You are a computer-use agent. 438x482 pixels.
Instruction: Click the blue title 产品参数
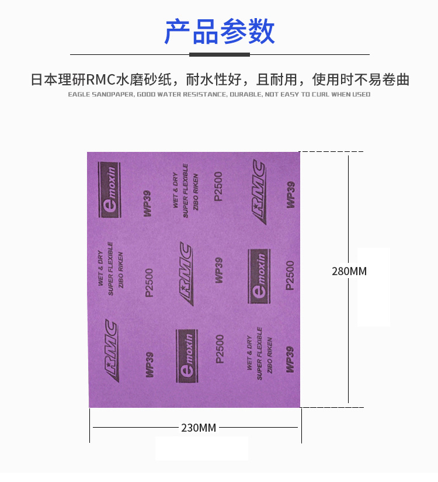(220, 32)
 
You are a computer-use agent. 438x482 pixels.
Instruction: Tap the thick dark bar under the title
(220, 55)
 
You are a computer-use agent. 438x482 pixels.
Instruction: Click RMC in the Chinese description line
(100, 80)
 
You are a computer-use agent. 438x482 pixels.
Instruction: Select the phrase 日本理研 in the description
(58, 80)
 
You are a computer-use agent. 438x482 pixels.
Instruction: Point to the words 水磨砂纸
(144, 80)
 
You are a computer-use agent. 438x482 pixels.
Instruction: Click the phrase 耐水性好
(214, 80)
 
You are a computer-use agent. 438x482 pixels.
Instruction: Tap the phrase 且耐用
(277, 80)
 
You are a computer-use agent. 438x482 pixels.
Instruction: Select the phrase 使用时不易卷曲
(361, 80)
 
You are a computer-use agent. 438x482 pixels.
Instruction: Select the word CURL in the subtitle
(321, 95)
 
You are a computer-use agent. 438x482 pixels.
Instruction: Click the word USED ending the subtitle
(361, 95)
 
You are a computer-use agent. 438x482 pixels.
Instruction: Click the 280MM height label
(349, 272)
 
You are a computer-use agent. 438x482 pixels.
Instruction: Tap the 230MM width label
(199, 428)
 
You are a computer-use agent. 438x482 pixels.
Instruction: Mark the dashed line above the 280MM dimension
(331, 151)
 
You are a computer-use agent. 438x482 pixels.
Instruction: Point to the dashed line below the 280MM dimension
(332, 408)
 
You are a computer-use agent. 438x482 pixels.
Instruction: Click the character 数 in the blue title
(262, 32)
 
